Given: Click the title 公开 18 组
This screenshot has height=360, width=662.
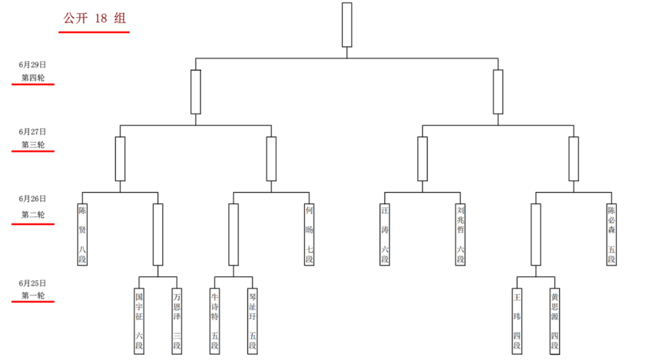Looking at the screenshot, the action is [x=94, y=18].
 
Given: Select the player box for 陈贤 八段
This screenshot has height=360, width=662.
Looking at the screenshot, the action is [x=82, y=235].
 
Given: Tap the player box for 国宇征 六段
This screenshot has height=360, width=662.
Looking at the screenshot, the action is [x=139, y=321].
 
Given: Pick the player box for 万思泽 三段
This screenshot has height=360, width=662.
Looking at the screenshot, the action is [x=177, y=321].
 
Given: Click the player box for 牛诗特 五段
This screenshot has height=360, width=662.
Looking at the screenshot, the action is [x=215, y=321].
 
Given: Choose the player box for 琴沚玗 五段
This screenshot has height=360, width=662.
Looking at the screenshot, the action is [x=253, y=321].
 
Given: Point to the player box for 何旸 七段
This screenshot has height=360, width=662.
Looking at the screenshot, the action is [x=309, y=235].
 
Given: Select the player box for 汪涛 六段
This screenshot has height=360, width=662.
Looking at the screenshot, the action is [x=385, y=235].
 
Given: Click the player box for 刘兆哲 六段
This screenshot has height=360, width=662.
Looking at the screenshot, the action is [x=460, y=235].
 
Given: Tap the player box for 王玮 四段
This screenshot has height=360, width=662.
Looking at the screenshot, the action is [x=517, y=321].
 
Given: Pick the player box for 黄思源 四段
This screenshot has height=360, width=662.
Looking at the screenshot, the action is [x=555, y=321].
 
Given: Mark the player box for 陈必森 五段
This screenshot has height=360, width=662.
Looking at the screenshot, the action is [x=612, y=235].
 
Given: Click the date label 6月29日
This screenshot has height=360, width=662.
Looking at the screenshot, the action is [x=32, y=65].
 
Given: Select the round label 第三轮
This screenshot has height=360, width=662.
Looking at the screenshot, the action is [x=33, y=145].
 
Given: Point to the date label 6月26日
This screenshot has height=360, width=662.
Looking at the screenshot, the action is [x=32, y=199].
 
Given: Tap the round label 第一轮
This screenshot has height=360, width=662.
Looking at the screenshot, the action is [x=33, y=295].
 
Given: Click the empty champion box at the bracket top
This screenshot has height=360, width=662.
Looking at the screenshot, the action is [x=347, y=25].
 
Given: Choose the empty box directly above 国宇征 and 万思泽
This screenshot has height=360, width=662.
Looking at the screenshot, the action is [x=158, y=235].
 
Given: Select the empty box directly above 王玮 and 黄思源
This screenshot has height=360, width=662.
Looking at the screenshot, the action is [x=536, y=235].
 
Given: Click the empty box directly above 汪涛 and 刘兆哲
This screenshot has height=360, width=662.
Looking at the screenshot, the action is [x=422, y=159].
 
